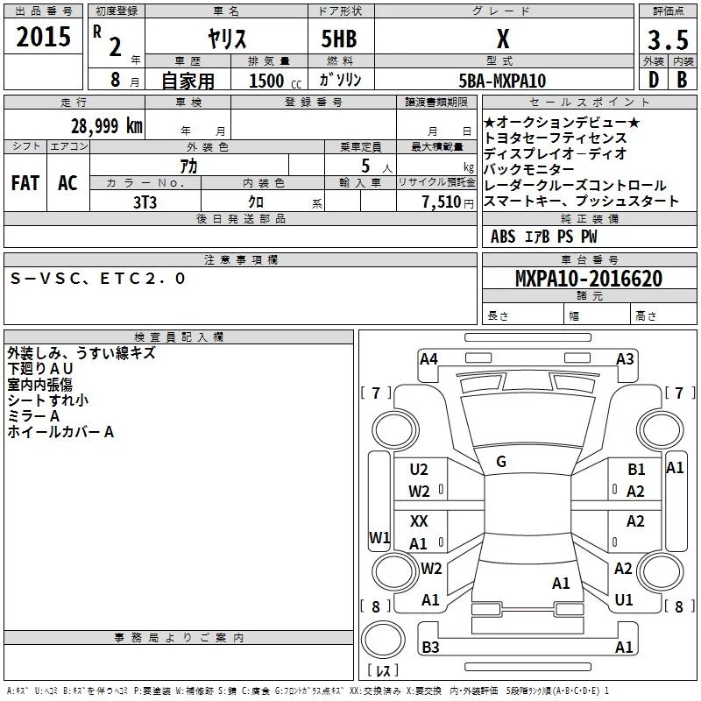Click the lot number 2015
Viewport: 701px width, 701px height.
(x=43, y=38)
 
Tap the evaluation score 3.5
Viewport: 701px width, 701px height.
(x=666, y=40)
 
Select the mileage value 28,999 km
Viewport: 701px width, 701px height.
(x=105, y=125)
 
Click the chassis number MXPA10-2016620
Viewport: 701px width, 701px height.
(x=588, y=279)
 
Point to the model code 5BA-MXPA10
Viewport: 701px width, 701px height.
(x=502, y=81)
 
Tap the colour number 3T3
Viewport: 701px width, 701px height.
(x=145, y=200)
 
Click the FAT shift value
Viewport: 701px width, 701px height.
(x=25, y=183)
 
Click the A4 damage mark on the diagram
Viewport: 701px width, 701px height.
(x=428, y=358)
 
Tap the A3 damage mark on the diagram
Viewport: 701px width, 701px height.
(x=625, y=358)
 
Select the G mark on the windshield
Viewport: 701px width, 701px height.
(x=501, y=461)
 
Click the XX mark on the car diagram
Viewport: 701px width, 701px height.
(x=419, y=521)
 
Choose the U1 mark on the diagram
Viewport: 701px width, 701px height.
(x=624, y=600)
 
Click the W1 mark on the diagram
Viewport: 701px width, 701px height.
(x=379, y=537)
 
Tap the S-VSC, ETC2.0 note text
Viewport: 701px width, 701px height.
(x=97, y=279)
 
